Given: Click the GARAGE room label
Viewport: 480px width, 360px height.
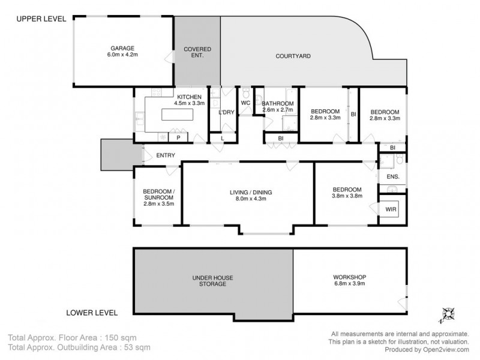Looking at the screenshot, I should coord(121,51).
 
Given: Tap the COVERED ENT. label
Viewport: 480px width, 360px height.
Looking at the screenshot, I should coord(197,52).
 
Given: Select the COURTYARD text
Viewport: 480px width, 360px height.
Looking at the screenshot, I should coord(292,56).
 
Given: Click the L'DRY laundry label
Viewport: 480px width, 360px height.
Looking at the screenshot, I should coord(226,112).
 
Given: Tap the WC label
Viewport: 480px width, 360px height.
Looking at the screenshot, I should coord(245,103).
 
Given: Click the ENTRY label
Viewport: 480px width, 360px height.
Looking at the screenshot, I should coord(165,155).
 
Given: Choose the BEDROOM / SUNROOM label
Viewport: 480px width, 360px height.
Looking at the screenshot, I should coord(158,197).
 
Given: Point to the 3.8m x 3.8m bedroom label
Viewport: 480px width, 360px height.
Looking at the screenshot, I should coord(347,192).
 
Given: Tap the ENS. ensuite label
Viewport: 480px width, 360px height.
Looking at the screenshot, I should coord(393,177).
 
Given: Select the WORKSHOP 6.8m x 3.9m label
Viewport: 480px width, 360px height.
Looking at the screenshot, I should coord(349,280).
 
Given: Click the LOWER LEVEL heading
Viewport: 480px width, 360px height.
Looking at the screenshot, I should coord(92,313).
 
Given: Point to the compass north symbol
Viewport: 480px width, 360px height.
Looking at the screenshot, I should coord(448,313).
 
